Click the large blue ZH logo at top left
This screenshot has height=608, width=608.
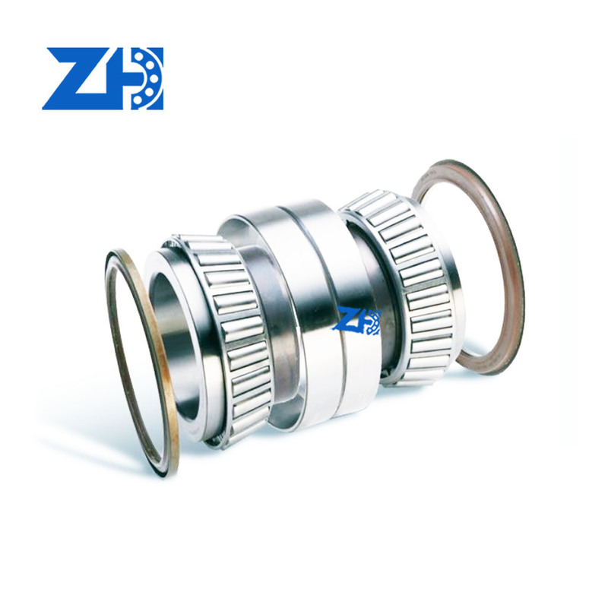tap(103, 79)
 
